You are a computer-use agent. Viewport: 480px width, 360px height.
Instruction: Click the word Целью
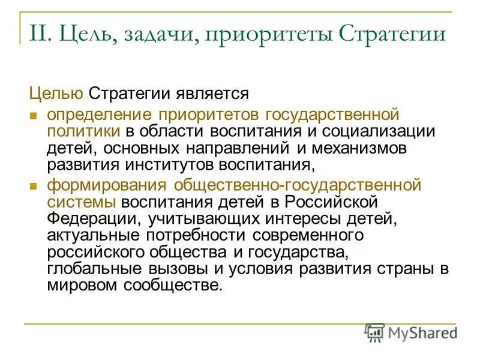click(56, 94)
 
